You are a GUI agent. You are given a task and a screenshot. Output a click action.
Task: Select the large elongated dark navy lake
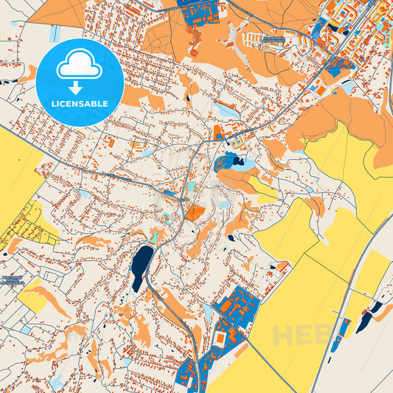click(x=141, y=267)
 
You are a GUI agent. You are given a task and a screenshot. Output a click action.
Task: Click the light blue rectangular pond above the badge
click(x=55, y=33)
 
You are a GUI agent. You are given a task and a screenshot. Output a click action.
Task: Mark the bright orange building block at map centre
click(x=195, y=213)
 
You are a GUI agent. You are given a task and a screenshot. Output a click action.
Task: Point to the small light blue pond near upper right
click(x=347, y=87)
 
